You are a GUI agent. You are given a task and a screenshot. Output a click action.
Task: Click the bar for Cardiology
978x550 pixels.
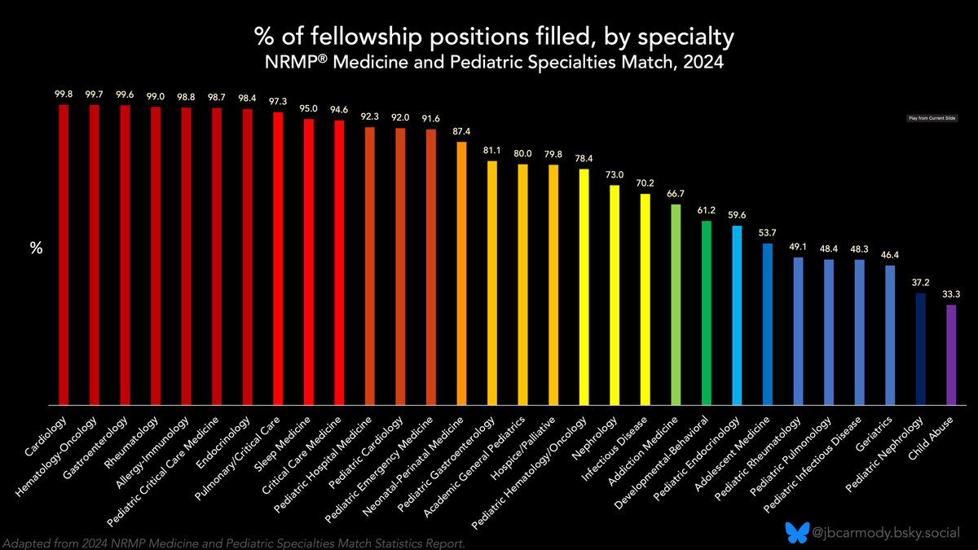[64, 254]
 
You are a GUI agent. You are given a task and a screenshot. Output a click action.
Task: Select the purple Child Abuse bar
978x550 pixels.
[950, 354]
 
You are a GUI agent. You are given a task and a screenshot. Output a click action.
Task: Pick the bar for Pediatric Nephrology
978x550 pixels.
[920, 349]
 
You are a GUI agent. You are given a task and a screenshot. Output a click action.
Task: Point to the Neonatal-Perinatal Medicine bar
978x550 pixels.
[461, 273]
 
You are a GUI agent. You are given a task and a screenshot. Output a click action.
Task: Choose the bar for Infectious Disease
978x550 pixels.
[645, 299]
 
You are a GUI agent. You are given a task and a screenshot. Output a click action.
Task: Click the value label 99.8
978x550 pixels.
[64, 95]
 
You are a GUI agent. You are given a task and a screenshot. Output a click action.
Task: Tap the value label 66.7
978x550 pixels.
[675, 194]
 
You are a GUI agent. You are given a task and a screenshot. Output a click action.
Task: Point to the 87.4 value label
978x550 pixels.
[461, 132]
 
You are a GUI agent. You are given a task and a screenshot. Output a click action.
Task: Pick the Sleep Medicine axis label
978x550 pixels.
[287, 441]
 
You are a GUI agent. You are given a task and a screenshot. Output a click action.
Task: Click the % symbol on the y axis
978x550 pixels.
[36, 249]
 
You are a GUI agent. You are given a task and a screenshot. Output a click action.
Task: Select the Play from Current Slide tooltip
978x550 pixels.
[932, 118]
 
